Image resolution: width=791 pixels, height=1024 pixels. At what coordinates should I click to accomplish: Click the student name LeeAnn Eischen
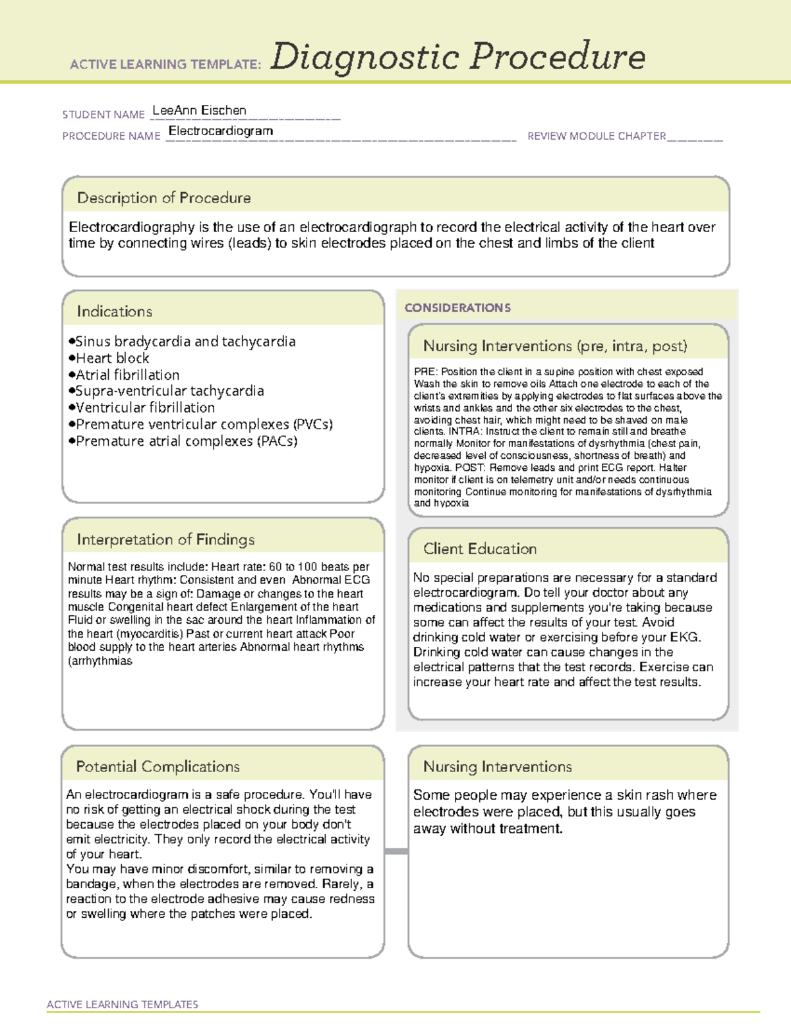[199, 111]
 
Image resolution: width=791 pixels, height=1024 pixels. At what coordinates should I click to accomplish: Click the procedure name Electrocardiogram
[220, 131]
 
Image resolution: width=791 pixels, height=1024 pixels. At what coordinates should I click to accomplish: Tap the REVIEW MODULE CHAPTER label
[597, 136]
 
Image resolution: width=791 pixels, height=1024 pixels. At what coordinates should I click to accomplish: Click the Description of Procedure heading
[163, 198]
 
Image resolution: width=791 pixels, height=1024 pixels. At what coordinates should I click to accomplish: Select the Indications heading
[114, 311]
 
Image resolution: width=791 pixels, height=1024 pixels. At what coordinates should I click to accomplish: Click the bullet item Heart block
[112, 358]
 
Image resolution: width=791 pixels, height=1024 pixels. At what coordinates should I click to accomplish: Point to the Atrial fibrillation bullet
[127, 375]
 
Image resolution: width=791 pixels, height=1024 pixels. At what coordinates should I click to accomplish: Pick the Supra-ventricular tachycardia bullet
[169, 391]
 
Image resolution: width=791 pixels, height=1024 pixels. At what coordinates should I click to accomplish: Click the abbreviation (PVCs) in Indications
[313, 424]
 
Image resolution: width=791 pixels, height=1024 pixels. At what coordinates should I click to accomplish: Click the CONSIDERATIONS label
[457, 308]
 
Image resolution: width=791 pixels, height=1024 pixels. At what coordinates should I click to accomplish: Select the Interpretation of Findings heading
[165, 539]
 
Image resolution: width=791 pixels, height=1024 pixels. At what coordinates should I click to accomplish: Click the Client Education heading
[480, 549]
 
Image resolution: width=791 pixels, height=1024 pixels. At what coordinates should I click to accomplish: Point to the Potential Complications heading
[158, 766]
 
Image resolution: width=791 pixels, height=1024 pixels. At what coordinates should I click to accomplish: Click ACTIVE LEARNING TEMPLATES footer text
[123, 1004]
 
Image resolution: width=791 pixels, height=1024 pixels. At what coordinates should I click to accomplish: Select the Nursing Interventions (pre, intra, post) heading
[555, 346]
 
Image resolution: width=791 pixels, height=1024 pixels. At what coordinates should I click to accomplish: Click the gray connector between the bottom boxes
[396, 851]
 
